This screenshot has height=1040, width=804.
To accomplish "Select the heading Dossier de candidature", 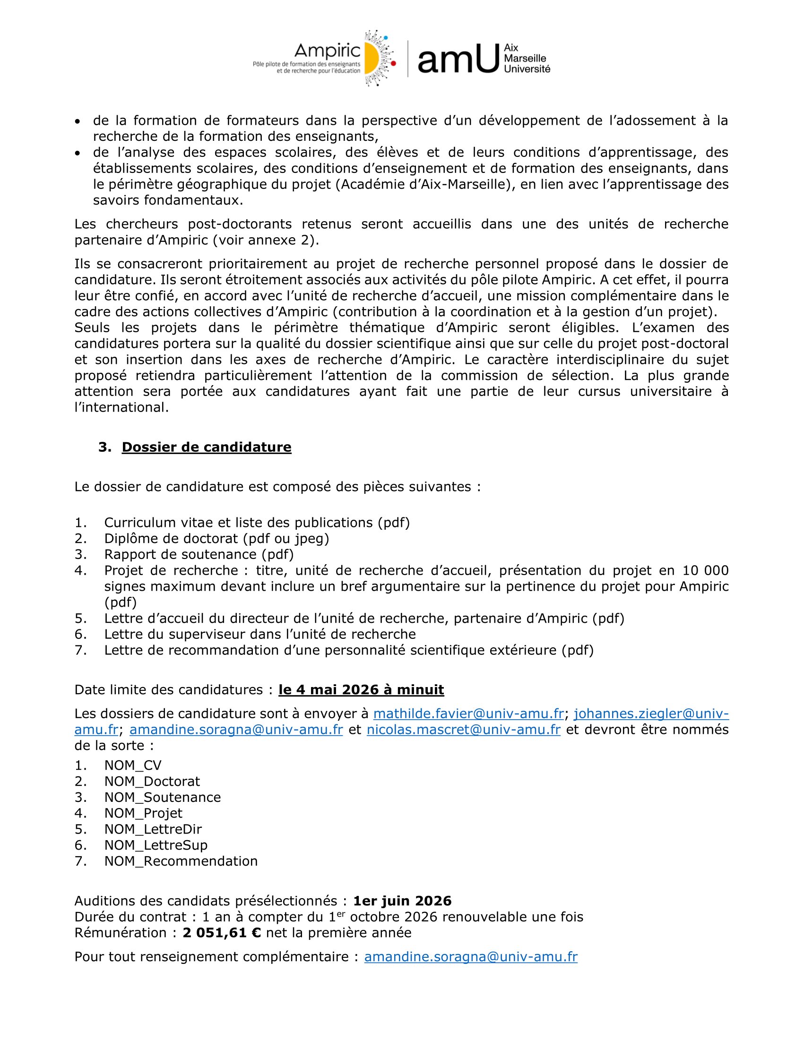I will click(206, 447).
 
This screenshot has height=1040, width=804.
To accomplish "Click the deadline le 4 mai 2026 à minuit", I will click(361, 689).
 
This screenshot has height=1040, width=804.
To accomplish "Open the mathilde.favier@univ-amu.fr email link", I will click(468, 713).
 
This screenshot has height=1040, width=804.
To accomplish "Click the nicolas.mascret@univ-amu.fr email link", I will click(463, 730).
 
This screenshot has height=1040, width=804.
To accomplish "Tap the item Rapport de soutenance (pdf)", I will click(199, 554).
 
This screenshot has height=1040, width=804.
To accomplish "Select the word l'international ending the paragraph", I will click(121, 408).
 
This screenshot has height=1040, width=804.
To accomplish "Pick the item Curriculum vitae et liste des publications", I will click(257, 523).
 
